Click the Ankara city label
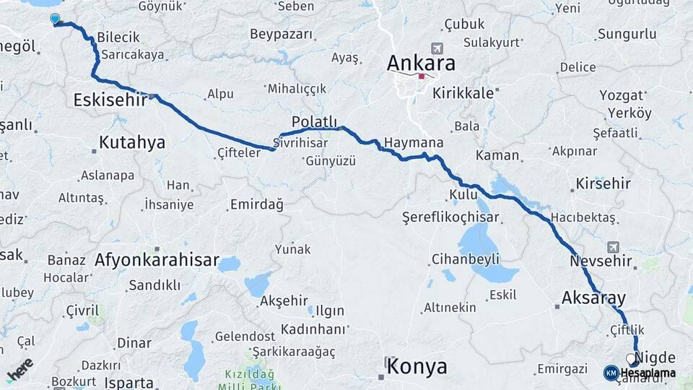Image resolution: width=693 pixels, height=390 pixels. pyautogui.click(x=421, y=63)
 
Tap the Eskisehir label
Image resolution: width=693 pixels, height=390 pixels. pyautogui.click(x=110, y=100)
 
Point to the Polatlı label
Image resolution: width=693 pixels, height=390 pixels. pyautogui.click(x=314, y=121)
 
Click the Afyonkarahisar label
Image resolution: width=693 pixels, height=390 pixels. pyautogui.click(x=157, y=260)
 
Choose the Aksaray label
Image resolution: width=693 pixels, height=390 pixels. pyautogui.click(x=593, y=298)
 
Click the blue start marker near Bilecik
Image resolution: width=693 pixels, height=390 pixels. pyautogui.click(x=55, y=19)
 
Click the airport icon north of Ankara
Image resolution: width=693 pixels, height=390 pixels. pyautogui.click(x=436, y=48)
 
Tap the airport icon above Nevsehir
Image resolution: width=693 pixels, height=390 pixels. pyautogui.click(x=613, y=246)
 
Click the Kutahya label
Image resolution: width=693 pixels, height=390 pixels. pyautogui.click(x=131, y=142)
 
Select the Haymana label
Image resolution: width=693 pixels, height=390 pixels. pyautogui.click(x=414, y=142)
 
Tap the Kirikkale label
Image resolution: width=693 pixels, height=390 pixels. pyautogui.click(x=463, y=92)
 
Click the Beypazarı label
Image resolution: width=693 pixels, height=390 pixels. pyautogui.click(x=282, y=34)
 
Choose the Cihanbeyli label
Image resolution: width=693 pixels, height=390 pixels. pyautogui.click(x=465, y=258)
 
